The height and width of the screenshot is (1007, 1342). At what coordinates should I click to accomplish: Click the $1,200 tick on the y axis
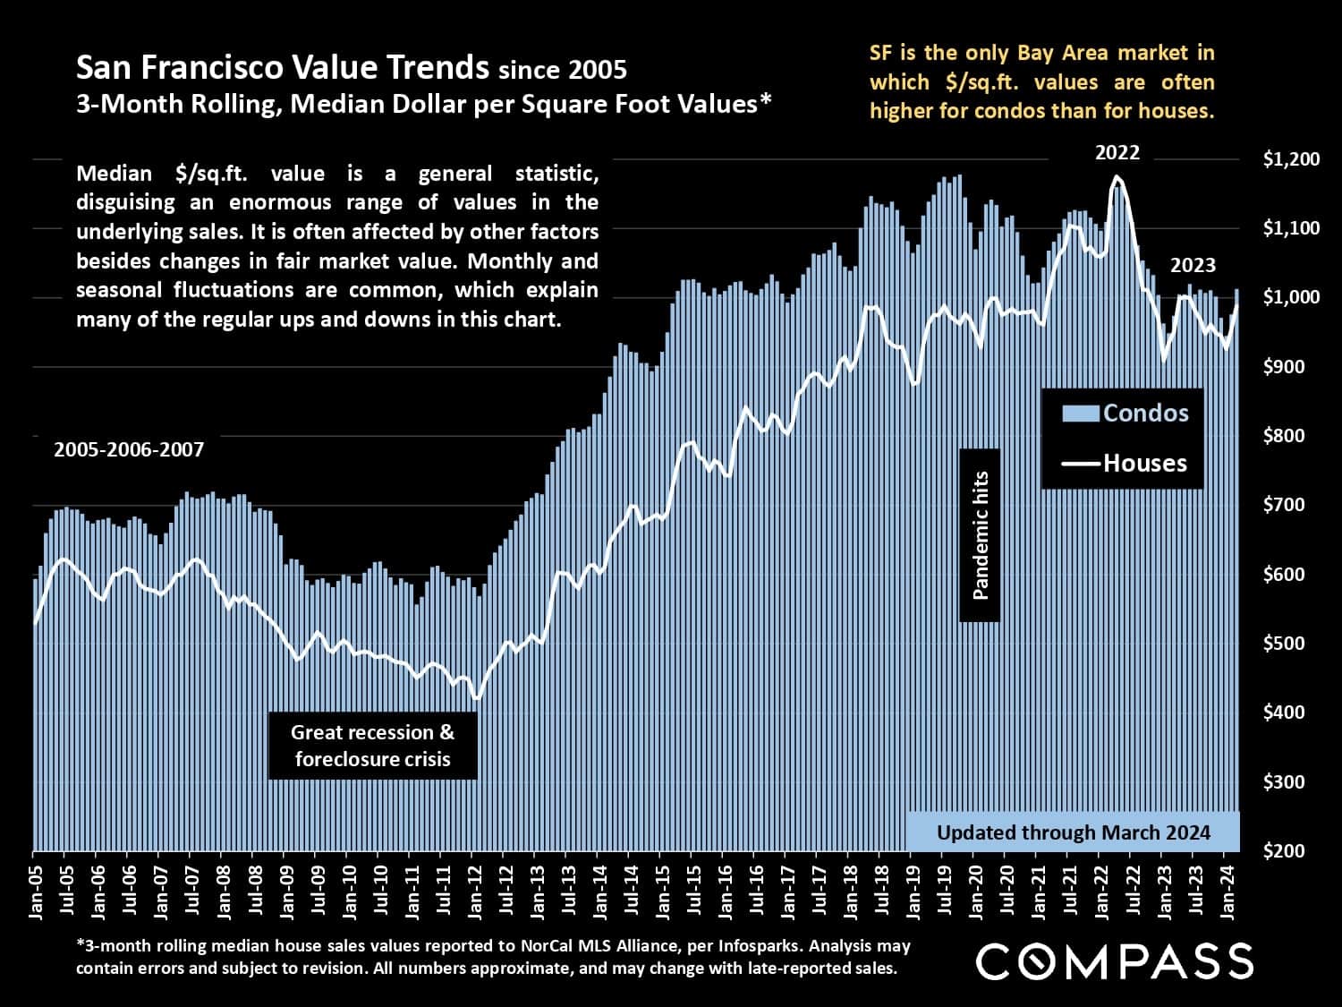1291,159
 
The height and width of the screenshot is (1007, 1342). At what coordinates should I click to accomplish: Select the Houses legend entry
1125,463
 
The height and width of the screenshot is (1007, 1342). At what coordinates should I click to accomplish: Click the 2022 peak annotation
1117,153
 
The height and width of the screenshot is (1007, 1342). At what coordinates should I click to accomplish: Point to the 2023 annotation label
1193,266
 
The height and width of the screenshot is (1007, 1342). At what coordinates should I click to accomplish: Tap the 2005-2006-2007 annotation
129,449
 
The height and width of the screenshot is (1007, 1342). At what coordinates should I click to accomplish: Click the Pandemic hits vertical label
980,535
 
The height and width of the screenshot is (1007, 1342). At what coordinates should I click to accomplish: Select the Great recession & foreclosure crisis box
372,746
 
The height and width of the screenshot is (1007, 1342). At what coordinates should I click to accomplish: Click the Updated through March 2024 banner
1073,832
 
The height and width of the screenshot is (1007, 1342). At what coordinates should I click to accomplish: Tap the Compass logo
1114,960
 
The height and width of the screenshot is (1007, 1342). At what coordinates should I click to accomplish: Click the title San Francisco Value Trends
283,68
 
